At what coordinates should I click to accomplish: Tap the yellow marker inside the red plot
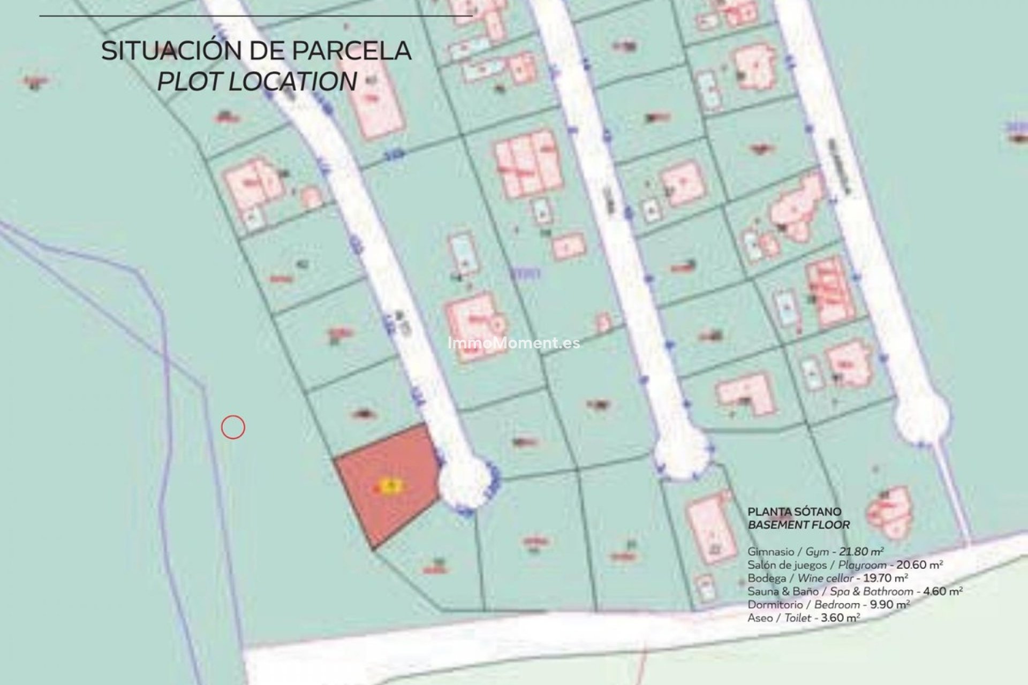[389, 486]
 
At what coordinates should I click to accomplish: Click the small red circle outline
[233, 427]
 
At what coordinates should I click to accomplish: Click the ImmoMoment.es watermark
[513, 342]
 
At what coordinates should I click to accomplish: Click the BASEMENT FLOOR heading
[798, 525]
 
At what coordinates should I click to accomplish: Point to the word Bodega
[767, 578]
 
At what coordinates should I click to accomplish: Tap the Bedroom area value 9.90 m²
[889, 605]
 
